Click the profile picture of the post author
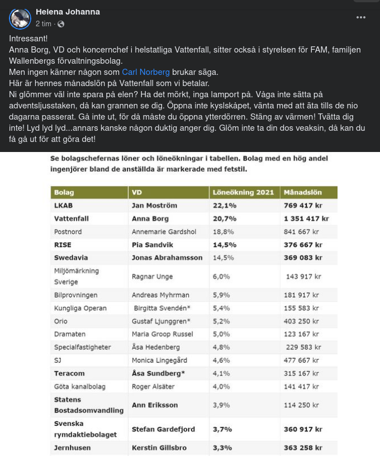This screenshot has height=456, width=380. coord(20,18)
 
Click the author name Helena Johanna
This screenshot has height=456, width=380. coord(68,12)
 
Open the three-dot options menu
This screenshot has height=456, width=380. coord(361,18)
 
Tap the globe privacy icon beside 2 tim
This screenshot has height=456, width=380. coord(61,24)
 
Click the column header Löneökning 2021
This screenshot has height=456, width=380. coord(243,192)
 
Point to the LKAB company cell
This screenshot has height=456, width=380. coord(64,205)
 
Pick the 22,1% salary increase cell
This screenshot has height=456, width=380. coord(224,205)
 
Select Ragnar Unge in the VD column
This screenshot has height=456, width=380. coord(152,277)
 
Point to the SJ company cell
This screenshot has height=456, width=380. coord(58,360)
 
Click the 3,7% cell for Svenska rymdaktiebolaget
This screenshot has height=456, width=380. coord(222,429)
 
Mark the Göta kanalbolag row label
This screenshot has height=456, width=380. coord(79,386)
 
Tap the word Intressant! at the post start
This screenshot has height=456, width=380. coord(28,39)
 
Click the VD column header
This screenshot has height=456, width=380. coord(137,192)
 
